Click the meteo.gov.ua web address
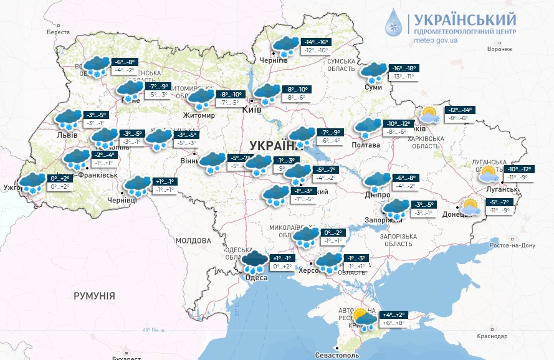(x=436, y=40)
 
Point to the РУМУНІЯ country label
(x=94, y=295)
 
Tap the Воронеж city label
(x=499, y=49)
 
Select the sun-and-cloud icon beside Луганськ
(x=489, y=174)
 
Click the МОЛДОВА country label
(x=193, y=240)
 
